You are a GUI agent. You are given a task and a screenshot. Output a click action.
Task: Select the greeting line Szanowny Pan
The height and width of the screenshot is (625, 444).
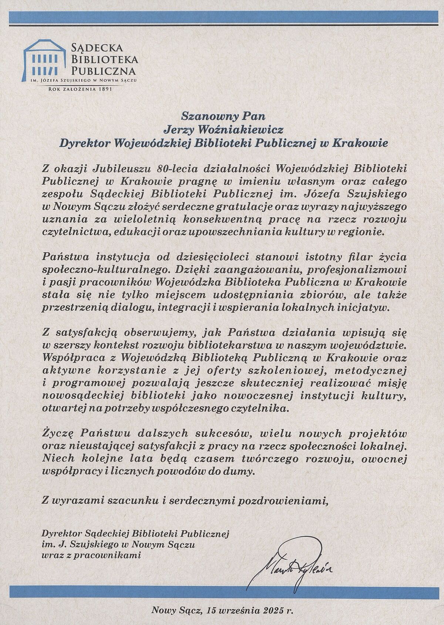223,116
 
